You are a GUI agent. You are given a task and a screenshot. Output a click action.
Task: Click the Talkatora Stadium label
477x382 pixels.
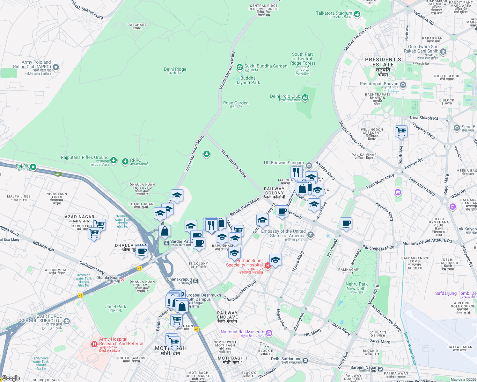coord(334,13)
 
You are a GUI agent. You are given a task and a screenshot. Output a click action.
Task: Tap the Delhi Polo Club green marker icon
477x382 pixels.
coord(305,97)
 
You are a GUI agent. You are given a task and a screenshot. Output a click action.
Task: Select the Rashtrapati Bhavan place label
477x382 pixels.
coord(379,84)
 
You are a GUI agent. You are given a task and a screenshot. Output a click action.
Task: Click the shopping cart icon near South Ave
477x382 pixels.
coord(401,131)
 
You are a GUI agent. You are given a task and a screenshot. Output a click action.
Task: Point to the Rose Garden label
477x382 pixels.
coord(236,103)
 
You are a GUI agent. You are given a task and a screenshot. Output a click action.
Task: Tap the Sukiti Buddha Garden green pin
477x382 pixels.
coord(239,67)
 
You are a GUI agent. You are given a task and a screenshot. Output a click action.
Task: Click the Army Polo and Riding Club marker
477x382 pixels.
coord(56,67)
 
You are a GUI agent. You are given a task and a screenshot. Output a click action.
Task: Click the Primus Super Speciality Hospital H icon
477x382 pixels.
coord(268,265)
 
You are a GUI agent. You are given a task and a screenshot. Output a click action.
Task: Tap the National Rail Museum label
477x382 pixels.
coord(242,332)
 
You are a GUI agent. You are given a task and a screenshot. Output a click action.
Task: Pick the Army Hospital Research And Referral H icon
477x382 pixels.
coord(94,344)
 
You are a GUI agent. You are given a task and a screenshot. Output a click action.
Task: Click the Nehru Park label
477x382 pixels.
coord(356,286)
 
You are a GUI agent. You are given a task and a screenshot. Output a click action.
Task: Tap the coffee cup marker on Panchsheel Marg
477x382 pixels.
coord(346,223)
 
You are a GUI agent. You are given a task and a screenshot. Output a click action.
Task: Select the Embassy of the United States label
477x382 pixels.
coord(283,233)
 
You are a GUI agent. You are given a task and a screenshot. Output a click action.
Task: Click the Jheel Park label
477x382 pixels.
coord(116,307)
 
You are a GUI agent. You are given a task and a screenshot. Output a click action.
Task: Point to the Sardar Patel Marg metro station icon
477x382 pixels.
coord(166,243)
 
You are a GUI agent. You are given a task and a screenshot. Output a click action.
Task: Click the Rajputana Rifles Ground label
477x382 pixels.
coord(84,158)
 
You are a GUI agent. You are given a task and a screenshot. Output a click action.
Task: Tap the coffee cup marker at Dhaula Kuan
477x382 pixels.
coord(142,251)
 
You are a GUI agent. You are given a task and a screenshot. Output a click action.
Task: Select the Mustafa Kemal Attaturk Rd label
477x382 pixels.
coord(427,242)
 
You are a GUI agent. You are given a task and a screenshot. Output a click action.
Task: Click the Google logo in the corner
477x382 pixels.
coord(11,378)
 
